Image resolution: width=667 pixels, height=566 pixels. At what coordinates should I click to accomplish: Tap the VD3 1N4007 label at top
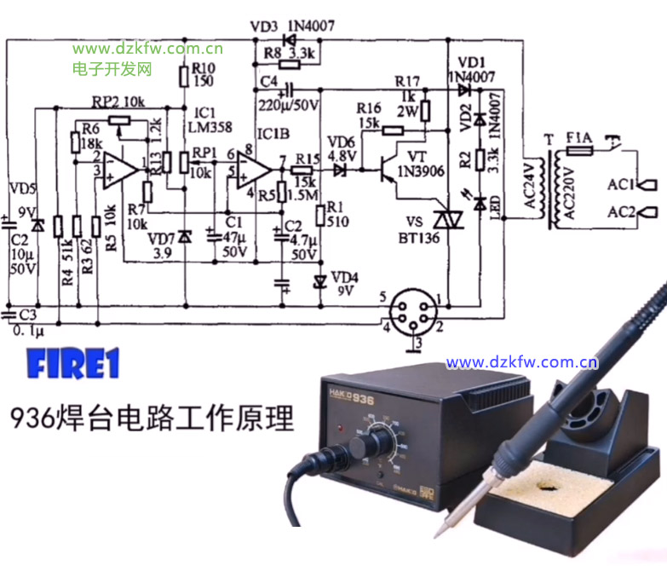(289, 27)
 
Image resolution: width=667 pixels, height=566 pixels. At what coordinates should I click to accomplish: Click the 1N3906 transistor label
(416, 170)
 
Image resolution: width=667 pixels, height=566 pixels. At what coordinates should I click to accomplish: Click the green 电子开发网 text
(112, 68)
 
